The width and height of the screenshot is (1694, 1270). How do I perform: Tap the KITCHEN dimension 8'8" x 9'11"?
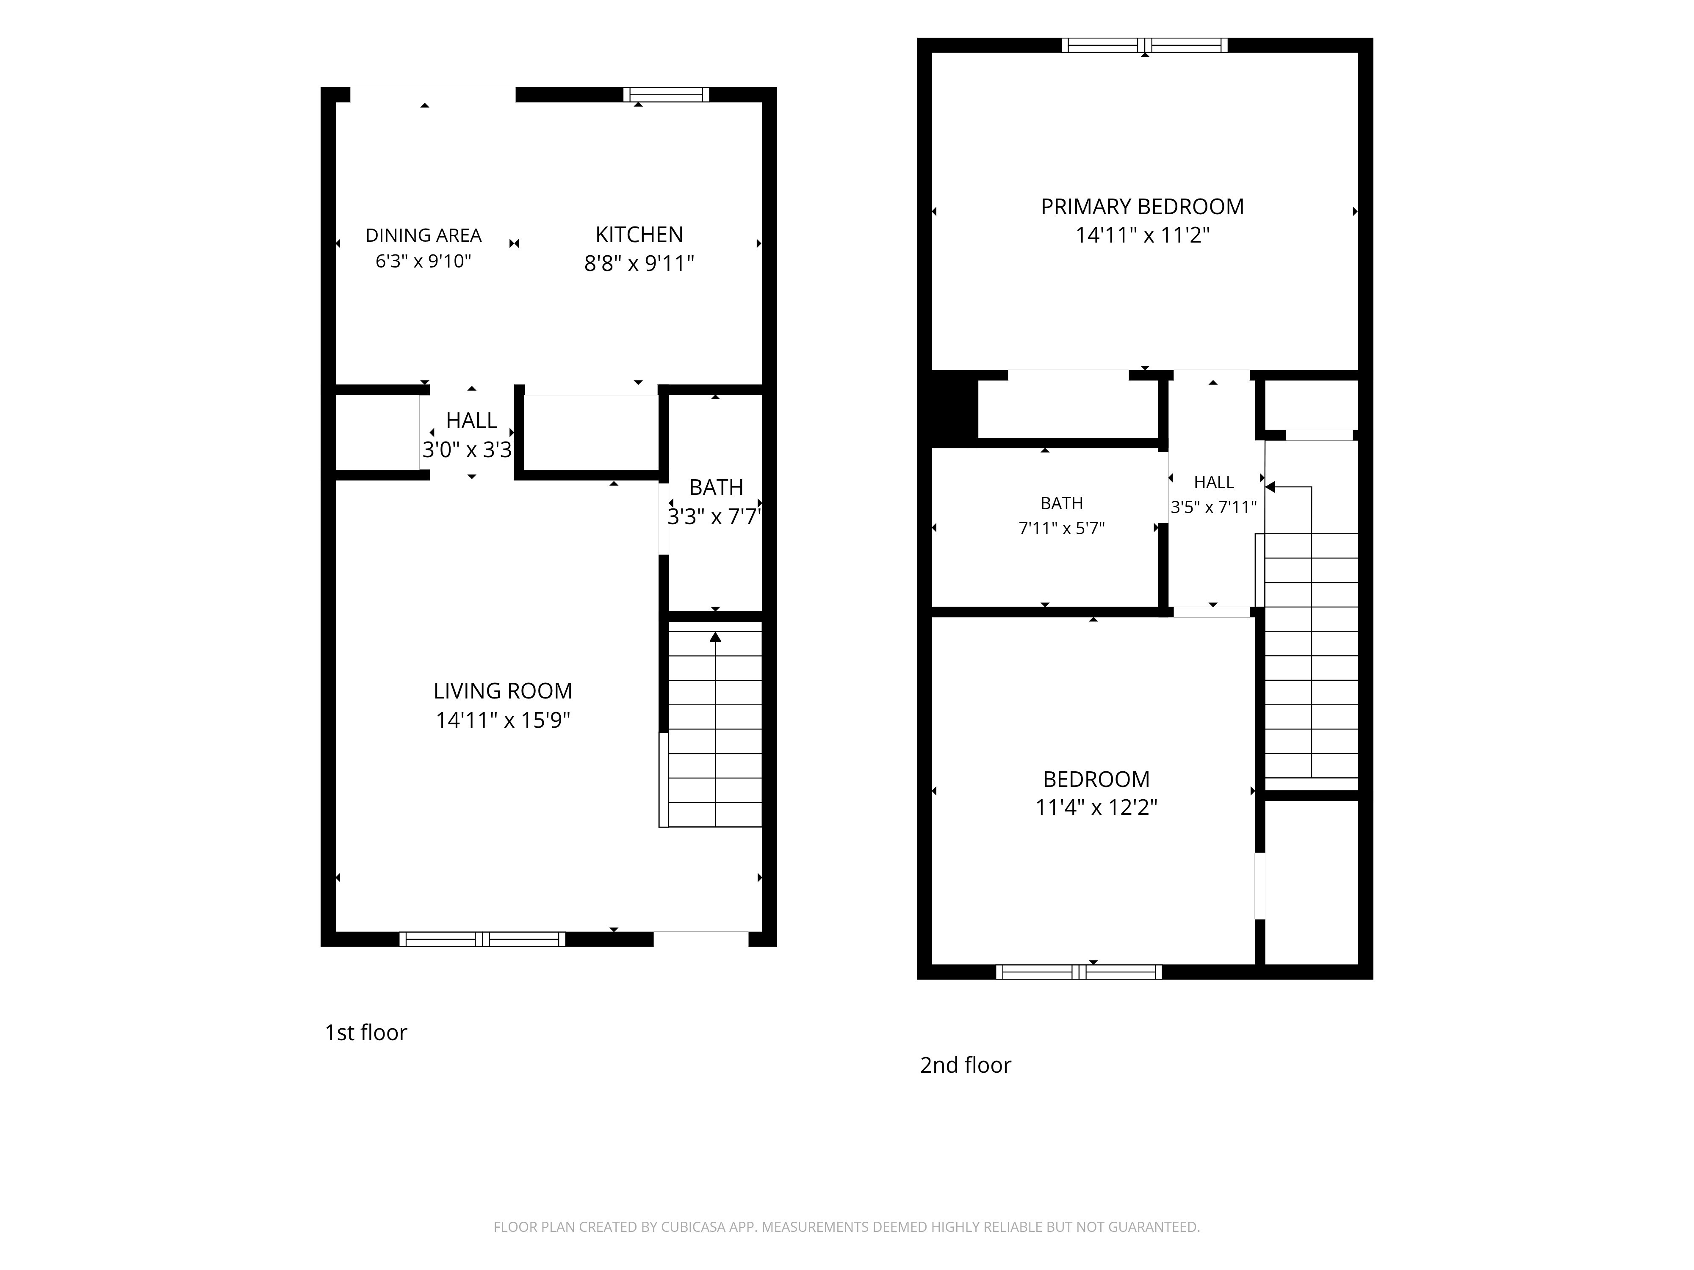[x=639, y=263]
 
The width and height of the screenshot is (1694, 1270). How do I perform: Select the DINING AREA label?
[x=423, y=235]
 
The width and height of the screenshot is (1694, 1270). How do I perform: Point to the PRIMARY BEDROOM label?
[x=1142, y=207]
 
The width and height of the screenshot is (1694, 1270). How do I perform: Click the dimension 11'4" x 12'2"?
[x=1096, y=808]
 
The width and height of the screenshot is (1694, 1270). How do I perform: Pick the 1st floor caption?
[x=366, y=1033]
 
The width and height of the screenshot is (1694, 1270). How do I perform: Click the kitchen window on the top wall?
[x=666, y=95]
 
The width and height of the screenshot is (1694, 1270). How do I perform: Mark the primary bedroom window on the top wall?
[x=1144, y=45]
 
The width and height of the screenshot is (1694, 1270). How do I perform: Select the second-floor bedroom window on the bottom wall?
[x=1078, y=972]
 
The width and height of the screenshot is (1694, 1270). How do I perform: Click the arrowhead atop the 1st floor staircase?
[x=715, y=637]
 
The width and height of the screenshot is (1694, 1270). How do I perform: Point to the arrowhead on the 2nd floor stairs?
[x=1270, y=487]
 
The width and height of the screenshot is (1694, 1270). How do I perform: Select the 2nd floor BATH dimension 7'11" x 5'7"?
[x=1061, y=528]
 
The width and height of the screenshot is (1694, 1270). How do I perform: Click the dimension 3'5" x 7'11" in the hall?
[x=1214, y=507]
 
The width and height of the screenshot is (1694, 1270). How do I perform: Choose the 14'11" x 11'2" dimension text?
[x=1142, y=235]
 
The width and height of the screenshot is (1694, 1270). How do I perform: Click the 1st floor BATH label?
[x=716, y=488]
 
